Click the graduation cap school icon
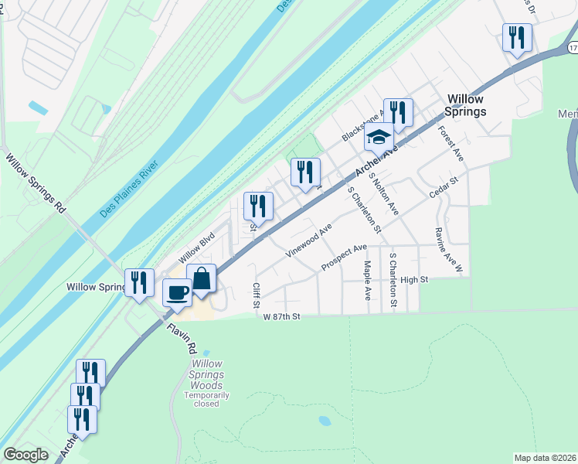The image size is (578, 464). (379, 137)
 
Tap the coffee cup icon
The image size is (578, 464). (177, 292)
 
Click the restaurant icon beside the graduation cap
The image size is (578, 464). (398, 111)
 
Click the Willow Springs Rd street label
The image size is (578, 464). (37, 185)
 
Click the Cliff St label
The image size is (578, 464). (256, 295)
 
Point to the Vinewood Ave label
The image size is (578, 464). (308, 240)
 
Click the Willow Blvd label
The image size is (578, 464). (195, 249)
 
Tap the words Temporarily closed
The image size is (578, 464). (206, 399)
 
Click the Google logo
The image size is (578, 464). (25, 455)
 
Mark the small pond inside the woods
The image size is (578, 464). (324, 421)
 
